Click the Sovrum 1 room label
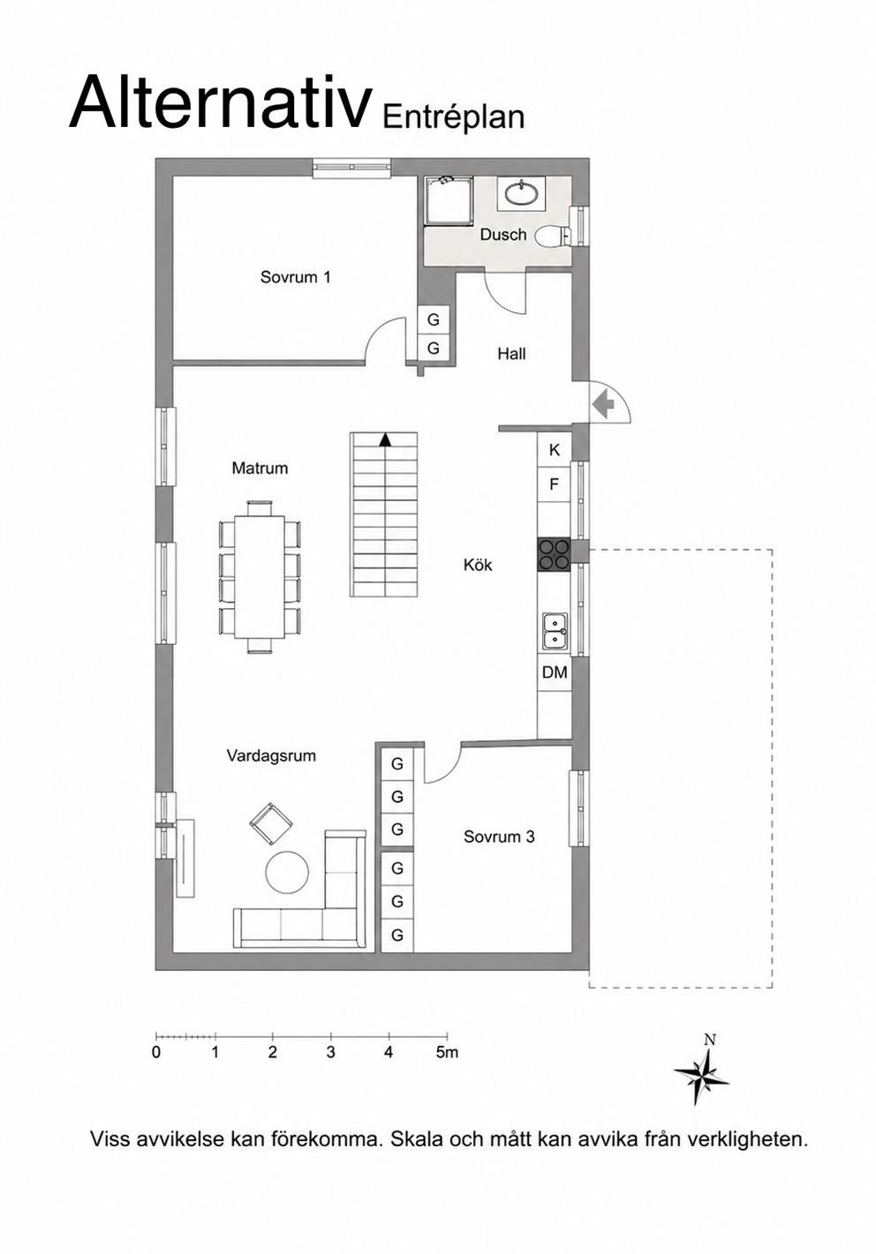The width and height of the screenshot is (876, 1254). (x=295, y=277)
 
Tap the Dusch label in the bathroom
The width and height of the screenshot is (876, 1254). (x=503, y=235)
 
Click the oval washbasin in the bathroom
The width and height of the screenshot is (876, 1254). (x=522, y=193)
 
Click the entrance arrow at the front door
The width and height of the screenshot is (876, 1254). (x=603, y=403)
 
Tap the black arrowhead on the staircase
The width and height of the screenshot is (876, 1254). (x=384, y=440)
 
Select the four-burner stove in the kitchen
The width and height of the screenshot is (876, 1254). (x=554, y=554)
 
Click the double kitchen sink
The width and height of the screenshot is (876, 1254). (x=555, y=632)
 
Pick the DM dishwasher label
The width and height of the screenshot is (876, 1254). (x=555, y=672)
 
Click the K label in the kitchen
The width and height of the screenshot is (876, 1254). (x=555, y=450)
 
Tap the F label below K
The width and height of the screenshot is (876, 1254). (x=555, y=484)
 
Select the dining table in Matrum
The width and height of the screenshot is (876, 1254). (x=260, y=576)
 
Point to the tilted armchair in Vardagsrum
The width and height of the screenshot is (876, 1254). (x=271, y=823)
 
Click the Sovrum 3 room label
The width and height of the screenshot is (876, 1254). (x=499, y=837)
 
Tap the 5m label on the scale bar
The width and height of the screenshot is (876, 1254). (x=447, y=1053)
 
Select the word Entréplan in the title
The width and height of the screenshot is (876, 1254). (x=454, y=117)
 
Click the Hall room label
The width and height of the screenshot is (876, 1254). (x=511, y=354)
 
